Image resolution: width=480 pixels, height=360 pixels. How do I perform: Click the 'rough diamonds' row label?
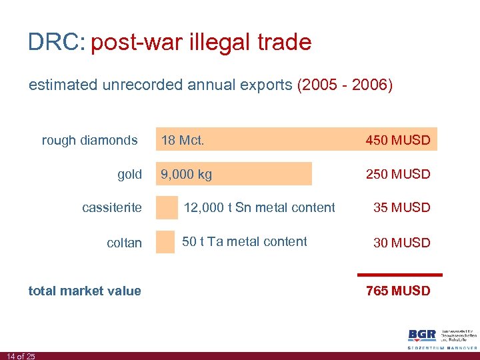pyautogui.click(x=89, y=140)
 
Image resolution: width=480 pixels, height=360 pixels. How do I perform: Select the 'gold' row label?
pyautogui.click(x=129, y=174)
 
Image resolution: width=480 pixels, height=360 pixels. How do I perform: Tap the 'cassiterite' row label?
pyautogui.click(x=112, y=207)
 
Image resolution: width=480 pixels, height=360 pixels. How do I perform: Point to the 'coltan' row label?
pyautogui.click(x=124, y=243)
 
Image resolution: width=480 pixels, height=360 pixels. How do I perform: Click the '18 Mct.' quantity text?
pyautogui.click(x=182, y=140)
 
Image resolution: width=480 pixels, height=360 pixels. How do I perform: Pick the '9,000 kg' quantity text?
pyautogui.click(x=186, y=174)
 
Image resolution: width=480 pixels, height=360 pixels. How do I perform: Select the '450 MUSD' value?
pyautogui.click(x=398, y=140)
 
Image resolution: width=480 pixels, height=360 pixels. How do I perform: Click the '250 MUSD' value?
pyautogui.click(x=398, y=174)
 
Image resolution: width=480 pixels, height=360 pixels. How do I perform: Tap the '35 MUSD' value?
pyautogui.click(x=401, y=207)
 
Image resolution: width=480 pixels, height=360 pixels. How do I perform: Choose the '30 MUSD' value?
pyautogui.click(x=401, y=243)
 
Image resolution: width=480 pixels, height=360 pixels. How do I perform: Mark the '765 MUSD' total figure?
pyautogui.click(x=398, y=291)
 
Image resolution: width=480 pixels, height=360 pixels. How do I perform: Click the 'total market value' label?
pyautogui.click(x=85, y=291)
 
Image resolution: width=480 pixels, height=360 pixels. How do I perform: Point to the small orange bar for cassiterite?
pyautogui.click(x=167, y=207)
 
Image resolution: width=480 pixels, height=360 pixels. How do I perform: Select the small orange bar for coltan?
pyautogui.click(x=165, y=242)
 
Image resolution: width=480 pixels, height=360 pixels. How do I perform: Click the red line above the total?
pyautogui.click(x=400, y=274)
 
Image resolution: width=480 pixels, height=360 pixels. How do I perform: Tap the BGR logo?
pyautogui.click(x=422, y=335)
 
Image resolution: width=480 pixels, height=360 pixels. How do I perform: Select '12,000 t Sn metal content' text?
pyautogui.click(x=259, y=207)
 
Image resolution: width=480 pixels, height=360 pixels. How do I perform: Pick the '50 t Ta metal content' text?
pyautogui.click(x=245, y=241)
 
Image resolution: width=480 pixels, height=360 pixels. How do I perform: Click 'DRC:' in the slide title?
pyautogui.click(x=56, y=43)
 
